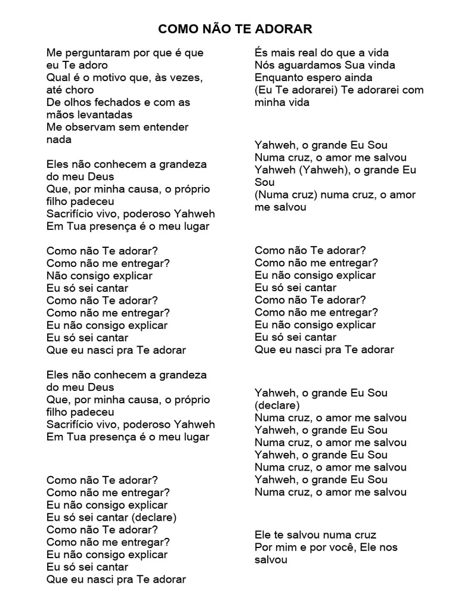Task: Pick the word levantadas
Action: click(x=103, y=114)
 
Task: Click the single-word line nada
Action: click(x=59, y=139)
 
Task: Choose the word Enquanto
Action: click(x=278, y=77)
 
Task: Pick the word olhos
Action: click(x=76, y=102)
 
